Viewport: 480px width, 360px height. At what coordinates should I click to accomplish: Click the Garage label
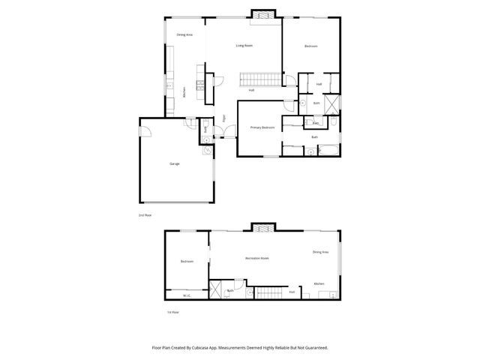[173, 163]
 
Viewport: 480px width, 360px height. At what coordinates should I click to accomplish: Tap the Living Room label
[244, 46]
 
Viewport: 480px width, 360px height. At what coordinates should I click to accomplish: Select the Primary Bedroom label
[262, 128]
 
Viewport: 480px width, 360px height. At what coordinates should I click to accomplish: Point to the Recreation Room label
[256, 259]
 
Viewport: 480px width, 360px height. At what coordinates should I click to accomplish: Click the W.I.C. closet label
[187, 295]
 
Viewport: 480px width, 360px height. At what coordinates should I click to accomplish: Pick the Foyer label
[223, 118]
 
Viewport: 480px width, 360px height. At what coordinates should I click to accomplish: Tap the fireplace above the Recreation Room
[262, 227]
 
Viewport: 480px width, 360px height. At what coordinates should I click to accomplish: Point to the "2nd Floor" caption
[145, 214]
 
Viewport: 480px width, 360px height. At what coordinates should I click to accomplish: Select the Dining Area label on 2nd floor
[184, 34]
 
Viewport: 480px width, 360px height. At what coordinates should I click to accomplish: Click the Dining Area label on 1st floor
[320, 252]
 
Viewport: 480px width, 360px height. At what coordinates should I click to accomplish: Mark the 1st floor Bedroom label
[187, 261]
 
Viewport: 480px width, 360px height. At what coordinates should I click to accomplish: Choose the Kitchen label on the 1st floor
[319, 283]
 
